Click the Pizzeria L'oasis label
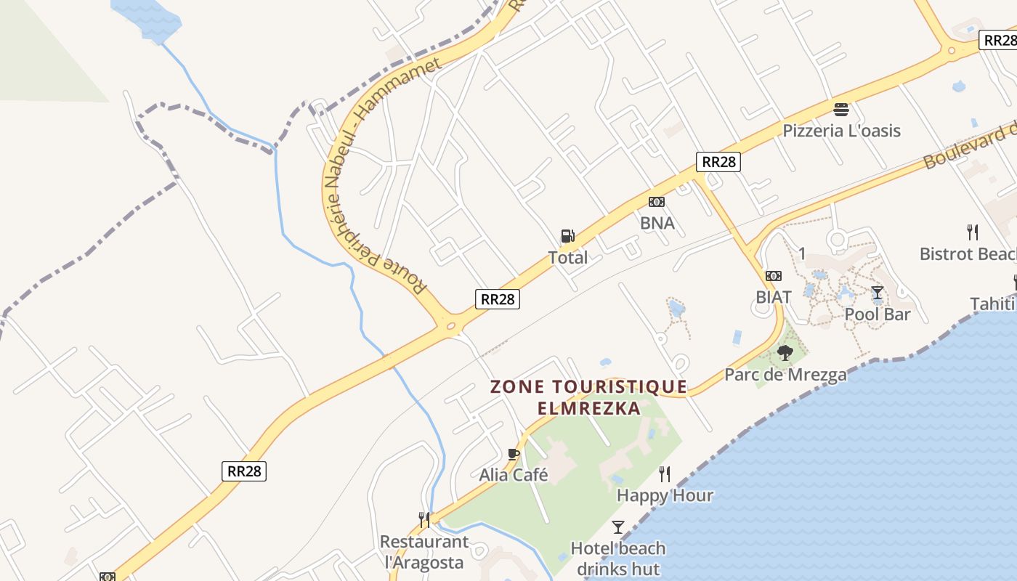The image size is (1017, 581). click(841, 131)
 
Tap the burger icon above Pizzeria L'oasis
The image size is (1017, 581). click(841, 110)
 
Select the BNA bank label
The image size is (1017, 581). click(657, 223)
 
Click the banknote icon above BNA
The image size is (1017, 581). click(657, 202)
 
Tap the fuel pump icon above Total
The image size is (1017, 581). click(567, 236)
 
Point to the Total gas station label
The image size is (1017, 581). click(568, 257)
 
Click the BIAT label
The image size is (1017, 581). click(773, 297)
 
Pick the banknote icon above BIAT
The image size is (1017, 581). click(774, 276)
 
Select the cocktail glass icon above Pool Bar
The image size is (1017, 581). click(878, 293)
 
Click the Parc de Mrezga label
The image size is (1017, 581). click(785, 375)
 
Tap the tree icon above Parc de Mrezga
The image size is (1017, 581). click(785, 354)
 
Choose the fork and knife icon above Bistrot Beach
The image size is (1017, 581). click(973, 232)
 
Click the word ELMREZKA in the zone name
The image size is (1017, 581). click(589, 408)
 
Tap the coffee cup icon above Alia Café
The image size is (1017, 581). click(514, 455)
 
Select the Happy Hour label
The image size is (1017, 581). click(665, 495)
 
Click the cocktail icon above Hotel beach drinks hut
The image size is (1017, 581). click(618, 527)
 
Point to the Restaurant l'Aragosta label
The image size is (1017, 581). click(424, 552)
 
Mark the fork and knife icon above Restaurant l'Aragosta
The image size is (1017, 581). click(424, 520)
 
